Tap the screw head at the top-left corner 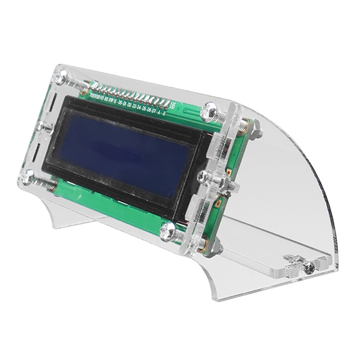[x=60, y=77]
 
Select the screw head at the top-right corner [x=211, y=110]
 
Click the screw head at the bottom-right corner [x=167, y=228]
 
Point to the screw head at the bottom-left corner [x=27, y=175]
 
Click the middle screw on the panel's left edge [x=43, y=127]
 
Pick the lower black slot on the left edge [x=37, y=155]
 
